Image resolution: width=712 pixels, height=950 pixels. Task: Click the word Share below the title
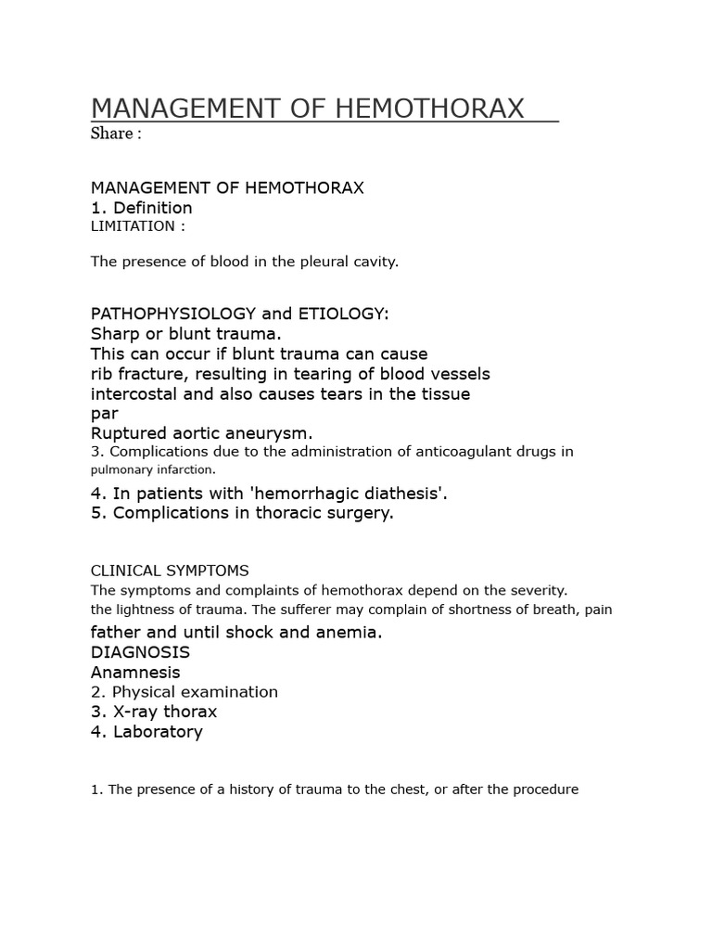[111, 134]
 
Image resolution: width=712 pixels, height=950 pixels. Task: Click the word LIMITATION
[132, 226]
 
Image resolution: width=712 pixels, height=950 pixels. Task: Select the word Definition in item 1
[153, 208]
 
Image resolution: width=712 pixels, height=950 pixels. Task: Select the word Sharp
[113, 334]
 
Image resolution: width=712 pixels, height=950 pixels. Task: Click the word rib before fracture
[102, 374]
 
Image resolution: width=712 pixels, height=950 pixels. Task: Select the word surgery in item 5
[359, 513]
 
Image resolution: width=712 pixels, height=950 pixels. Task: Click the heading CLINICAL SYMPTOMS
[170, 571]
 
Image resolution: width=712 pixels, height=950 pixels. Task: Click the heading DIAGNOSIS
[140, 652]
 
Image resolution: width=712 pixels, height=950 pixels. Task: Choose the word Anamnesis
[135, 673]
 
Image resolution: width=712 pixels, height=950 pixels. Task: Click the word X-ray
[136, 712]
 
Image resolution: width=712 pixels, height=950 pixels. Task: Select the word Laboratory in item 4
[158, 732]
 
